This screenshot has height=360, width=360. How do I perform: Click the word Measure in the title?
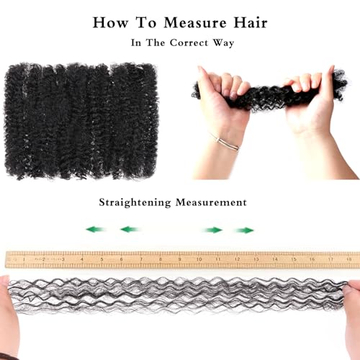click(195, 23)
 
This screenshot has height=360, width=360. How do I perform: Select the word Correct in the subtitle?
click(189, 43)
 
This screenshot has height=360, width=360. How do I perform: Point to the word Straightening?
click(135, 202)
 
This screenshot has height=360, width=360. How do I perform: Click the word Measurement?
click(211, 202)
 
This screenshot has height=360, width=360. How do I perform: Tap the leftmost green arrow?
click(96, 230)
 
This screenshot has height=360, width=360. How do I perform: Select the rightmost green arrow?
click(244, 230)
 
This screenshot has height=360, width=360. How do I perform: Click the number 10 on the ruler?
click(199, 259)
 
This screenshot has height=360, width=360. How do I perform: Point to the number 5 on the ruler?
click(102, 259)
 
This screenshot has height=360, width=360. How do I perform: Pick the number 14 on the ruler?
click(275, 259)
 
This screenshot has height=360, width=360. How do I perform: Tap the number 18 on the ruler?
click(349, 259)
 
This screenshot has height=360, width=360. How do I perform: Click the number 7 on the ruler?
click(141, 259)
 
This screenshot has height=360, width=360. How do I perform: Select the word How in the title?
click(110, 23)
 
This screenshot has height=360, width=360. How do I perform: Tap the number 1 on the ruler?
click(24, 259)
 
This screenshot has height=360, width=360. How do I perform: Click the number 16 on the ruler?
click(312, 259)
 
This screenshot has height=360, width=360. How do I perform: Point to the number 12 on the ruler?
click(237, 259)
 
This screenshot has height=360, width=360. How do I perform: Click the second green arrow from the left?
click(130, 230)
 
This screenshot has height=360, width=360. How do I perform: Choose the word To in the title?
click(146, 23)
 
